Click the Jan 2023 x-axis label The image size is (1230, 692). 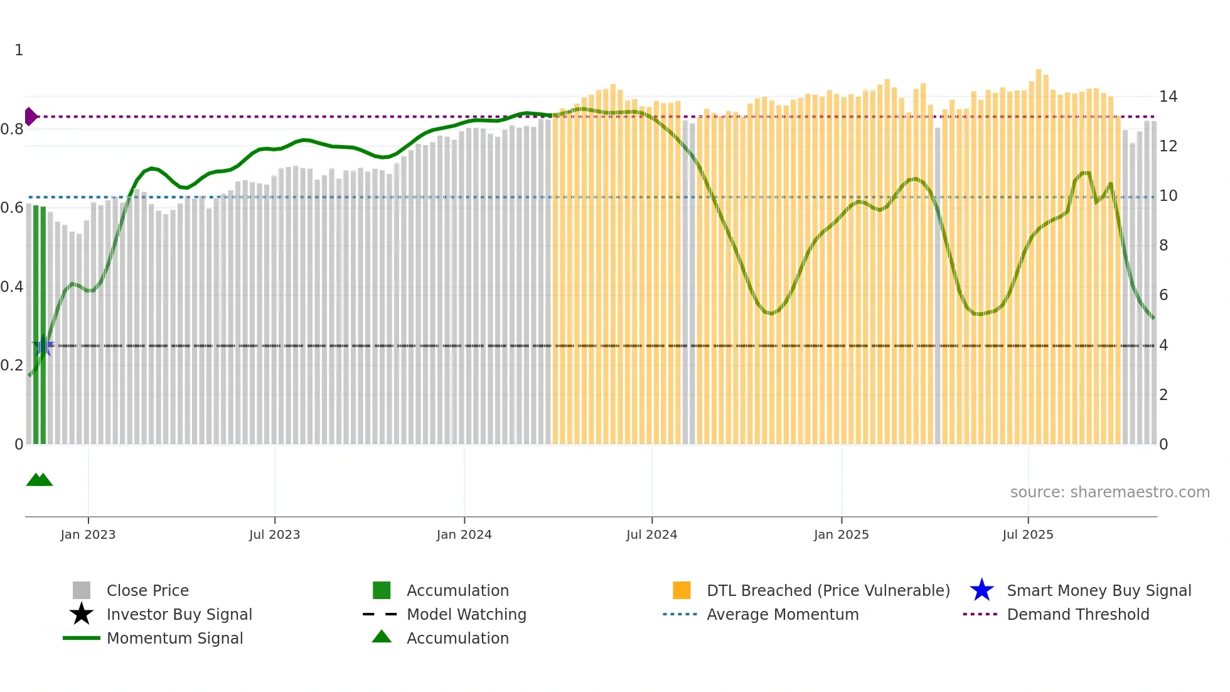point(88,534)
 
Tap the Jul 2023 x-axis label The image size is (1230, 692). point(274,534)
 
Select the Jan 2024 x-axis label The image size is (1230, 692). point(464,534)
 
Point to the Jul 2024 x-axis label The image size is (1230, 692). point(651,534)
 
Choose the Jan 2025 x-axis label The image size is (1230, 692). point(841,534)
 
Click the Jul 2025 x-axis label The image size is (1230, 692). point(1027,534)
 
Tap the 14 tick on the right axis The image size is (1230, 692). point(1168,97)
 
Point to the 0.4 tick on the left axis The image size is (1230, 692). point(12,287)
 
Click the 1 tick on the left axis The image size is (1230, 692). point(19,50)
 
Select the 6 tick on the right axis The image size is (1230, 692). point(1163,295)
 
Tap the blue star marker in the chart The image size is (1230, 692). point(43,345)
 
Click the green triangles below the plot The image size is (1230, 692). point(39,480)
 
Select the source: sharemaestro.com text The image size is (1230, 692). point(1110,492)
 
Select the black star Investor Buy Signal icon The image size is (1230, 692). point(82,614)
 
